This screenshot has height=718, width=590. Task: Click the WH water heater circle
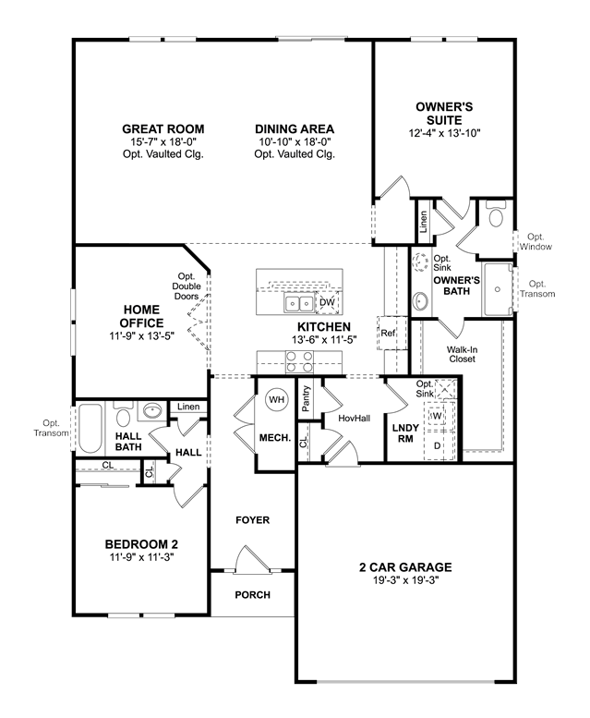(x=276, y=400)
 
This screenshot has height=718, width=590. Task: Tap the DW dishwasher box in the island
(x=327, y=302)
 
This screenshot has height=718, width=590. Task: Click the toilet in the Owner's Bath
(x=495, y=214)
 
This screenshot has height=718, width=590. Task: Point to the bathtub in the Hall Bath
(x=90, y=428)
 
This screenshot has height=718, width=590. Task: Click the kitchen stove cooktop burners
(x=299, y=361)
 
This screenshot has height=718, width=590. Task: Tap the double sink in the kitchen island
(x=299, y=303)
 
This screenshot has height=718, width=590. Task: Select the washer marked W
(x=437, y=416)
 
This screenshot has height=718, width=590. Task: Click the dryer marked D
(x=438, y=445)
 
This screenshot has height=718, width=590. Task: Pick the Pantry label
(x=307, y=398)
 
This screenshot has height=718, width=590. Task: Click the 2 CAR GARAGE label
(x=405, y=567)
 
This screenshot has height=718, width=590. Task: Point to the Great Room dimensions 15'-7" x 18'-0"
(x=163, y=142)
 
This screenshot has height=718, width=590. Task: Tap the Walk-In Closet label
(x=462, y=355)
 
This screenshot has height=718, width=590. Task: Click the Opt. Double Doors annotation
(x=187, y=286)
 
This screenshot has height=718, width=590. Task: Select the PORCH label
(x=252, y=595)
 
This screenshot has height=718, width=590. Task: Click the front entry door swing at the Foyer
(x=250, y=559)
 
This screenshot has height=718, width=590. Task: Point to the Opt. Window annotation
(x=536, y=242)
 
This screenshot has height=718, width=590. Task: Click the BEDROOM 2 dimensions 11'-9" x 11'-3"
(x=142, y=557)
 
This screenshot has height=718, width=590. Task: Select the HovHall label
(x=354, y=418)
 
